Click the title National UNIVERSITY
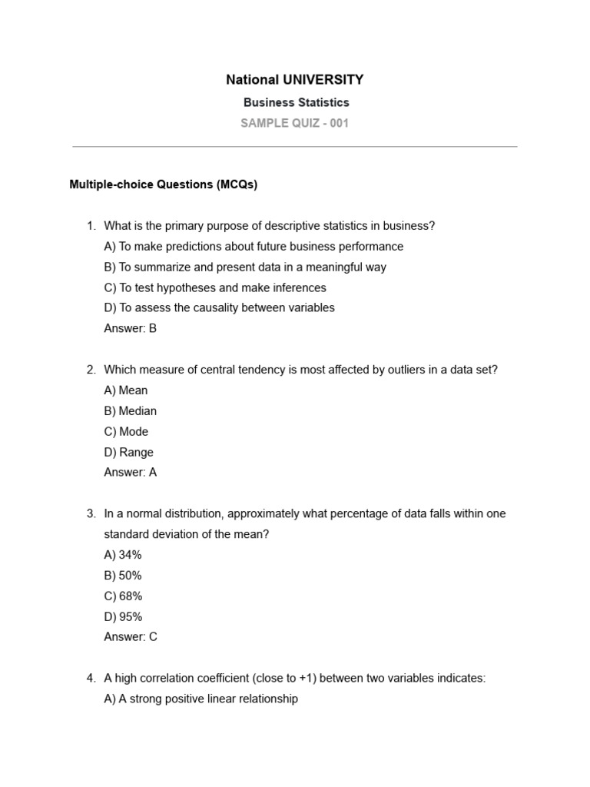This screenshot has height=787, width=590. (295, 80)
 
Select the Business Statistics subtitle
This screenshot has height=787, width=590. (296, 102)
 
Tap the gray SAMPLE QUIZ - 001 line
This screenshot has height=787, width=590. (295, 123)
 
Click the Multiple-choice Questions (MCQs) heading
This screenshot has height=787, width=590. (164, 184)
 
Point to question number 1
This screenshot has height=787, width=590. (91, 226)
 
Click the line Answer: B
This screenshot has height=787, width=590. (130, 328)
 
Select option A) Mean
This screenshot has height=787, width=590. (125, 390)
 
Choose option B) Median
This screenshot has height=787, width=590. (130, 411)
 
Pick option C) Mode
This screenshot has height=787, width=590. (126, 432)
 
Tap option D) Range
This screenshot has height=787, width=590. (128, 453)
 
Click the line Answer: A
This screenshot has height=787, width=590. (130, 473)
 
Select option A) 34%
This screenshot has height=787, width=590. (123, 555)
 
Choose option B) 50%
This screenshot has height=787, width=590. (123, 576)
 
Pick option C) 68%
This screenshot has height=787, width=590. (123, 596)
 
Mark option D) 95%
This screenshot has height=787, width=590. (123, 616)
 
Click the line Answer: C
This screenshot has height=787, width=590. (131, 637)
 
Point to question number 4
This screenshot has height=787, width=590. (91, 679)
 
